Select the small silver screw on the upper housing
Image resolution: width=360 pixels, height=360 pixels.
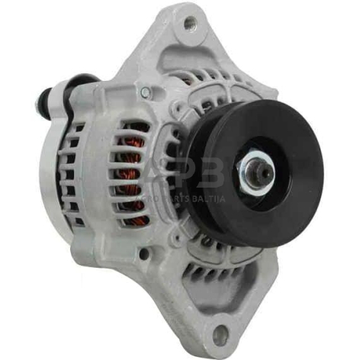(146, 92)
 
